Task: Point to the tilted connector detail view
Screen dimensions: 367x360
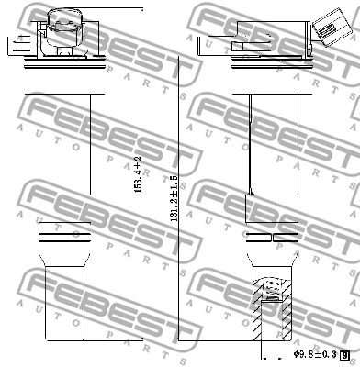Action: [x=326, y=28]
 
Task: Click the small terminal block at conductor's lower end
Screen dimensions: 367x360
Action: [x=250, y=193]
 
